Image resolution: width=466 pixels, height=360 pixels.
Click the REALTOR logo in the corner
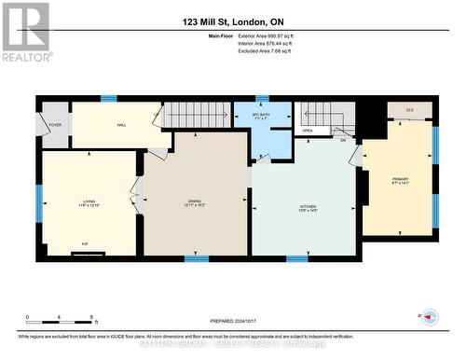click(x=25, y=32)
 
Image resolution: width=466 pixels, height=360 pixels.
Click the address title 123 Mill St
click(x=232, y=20)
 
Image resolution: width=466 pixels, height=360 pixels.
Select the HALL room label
click(x=121, y=124)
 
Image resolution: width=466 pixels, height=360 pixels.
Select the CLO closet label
click(x=409, y=109)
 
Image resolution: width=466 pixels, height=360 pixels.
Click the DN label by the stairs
click(x=342, y=140)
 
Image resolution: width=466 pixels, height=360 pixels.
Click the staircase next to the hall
click(x=197, y=117)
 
